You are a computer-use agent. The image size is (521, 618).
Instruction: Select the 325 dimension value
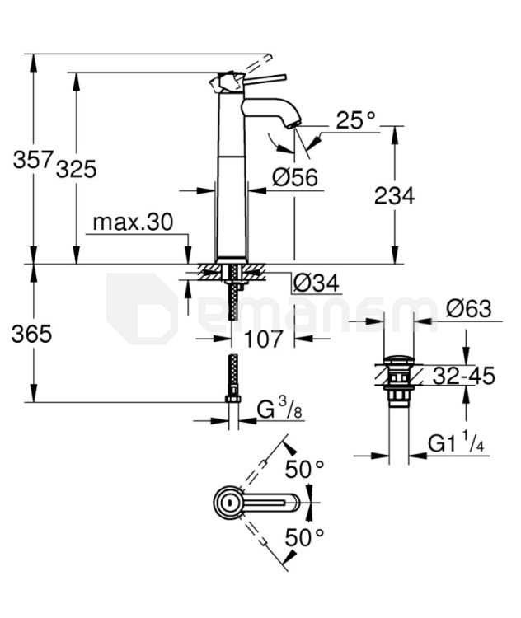(77, 169)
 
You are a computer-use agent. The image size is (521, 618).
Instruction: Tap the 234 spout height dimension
(394, 195)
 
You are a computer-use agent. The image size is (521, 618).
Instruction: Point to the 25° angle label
(355, 120)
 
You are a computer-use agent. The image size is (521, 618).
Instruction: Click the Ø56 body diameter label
(295, 176)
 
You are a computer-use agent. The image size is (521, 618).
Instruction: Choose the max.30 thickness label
(133, 222)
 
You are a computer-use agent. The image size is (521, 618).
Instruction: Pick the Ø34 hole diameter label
(317, 283)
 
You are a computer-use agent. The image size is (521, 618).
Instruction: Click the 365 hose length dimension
(32, 334)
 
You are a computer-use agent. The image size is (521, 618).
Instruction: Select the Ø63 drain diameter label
(468, 309)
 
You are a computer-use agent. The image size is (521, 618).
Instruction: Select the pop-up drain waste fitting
(398, 380)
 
